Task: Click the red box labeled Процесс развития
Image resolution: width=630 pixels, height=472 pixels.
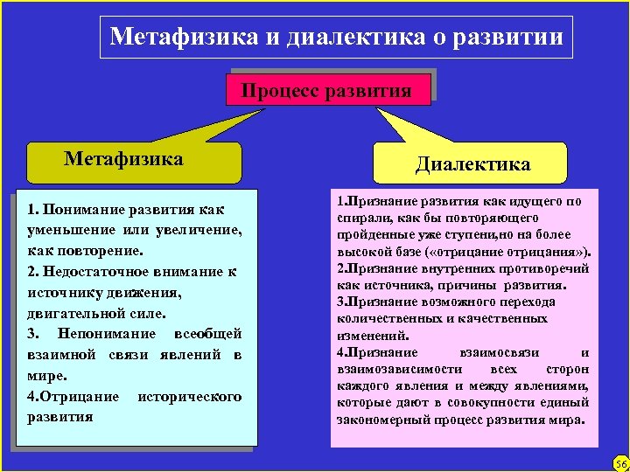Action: [326, 90]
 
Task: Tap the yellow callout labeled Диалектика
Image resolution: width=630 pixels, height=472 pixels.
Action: [472, 164]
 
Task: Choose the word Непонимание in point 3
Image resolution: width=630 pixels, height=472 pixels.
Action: [106, 334]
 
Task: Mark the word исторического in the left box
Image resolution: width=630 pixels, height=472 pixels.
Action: [190, 397]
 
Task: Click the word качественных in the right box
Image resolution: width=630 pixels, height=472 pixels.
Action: [518, 318]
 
